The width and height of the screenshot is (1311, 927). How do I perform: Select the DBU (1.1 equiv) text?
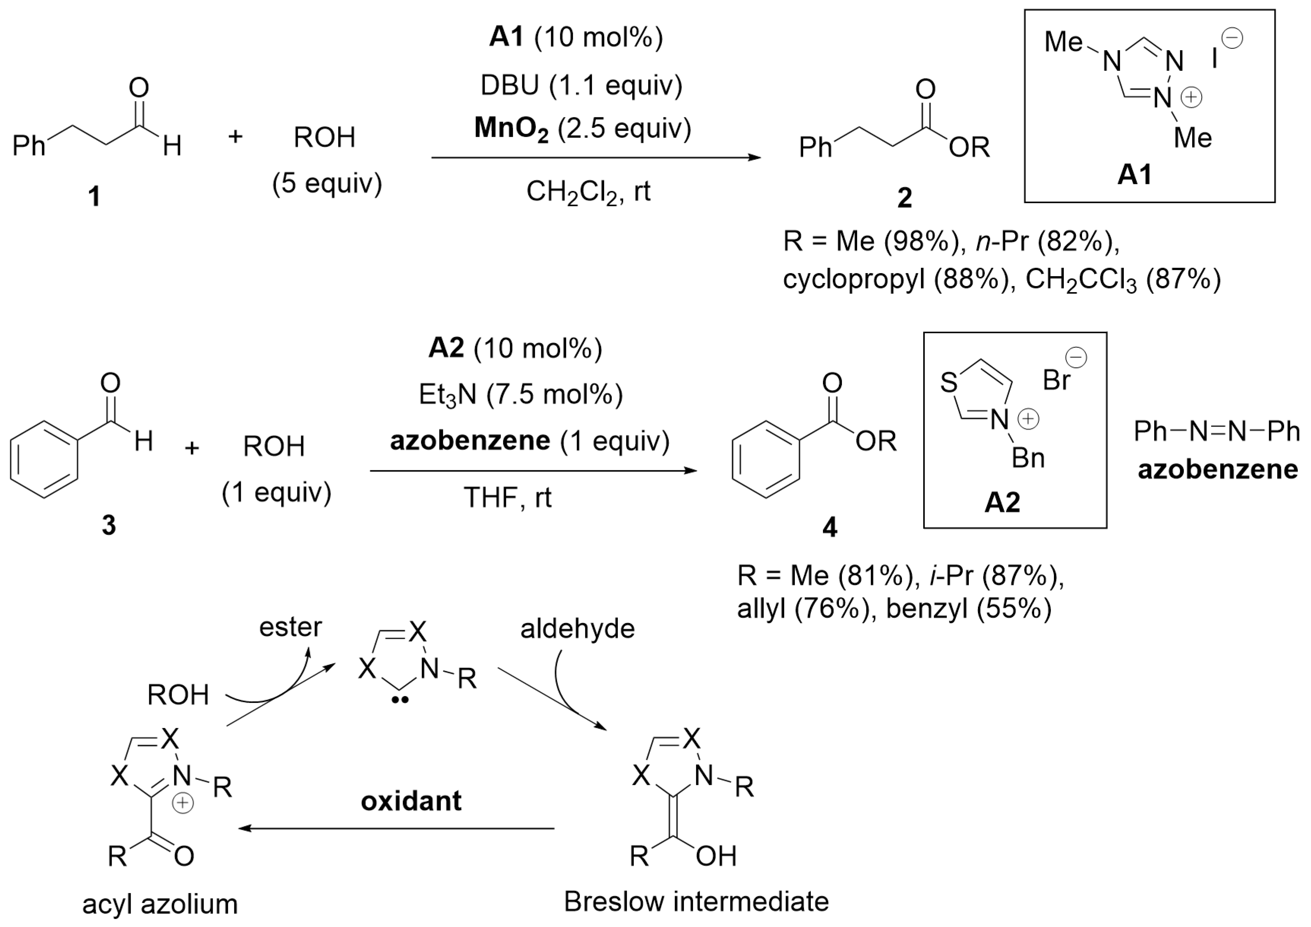click(581, 86)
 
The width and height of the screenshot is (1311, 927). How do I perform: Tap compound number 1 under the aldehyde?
click(94, 197)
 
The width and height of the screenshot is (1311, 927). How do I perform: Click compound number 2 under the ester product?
click(905, 198)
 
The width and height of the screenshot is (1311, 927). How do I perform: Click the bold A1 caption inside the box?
click(1134, 175)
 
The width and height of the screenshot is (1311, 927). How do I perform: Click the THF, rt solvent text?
click(507, 497)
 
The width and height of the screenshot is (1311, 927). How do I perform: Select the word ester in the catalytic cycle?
click(290, 627)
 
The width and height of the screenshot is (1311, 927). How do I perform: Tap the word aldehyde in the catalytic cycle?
click(577, 629)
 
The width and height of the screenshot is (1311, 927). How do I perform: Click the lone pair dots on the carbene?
click(401, 700)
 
